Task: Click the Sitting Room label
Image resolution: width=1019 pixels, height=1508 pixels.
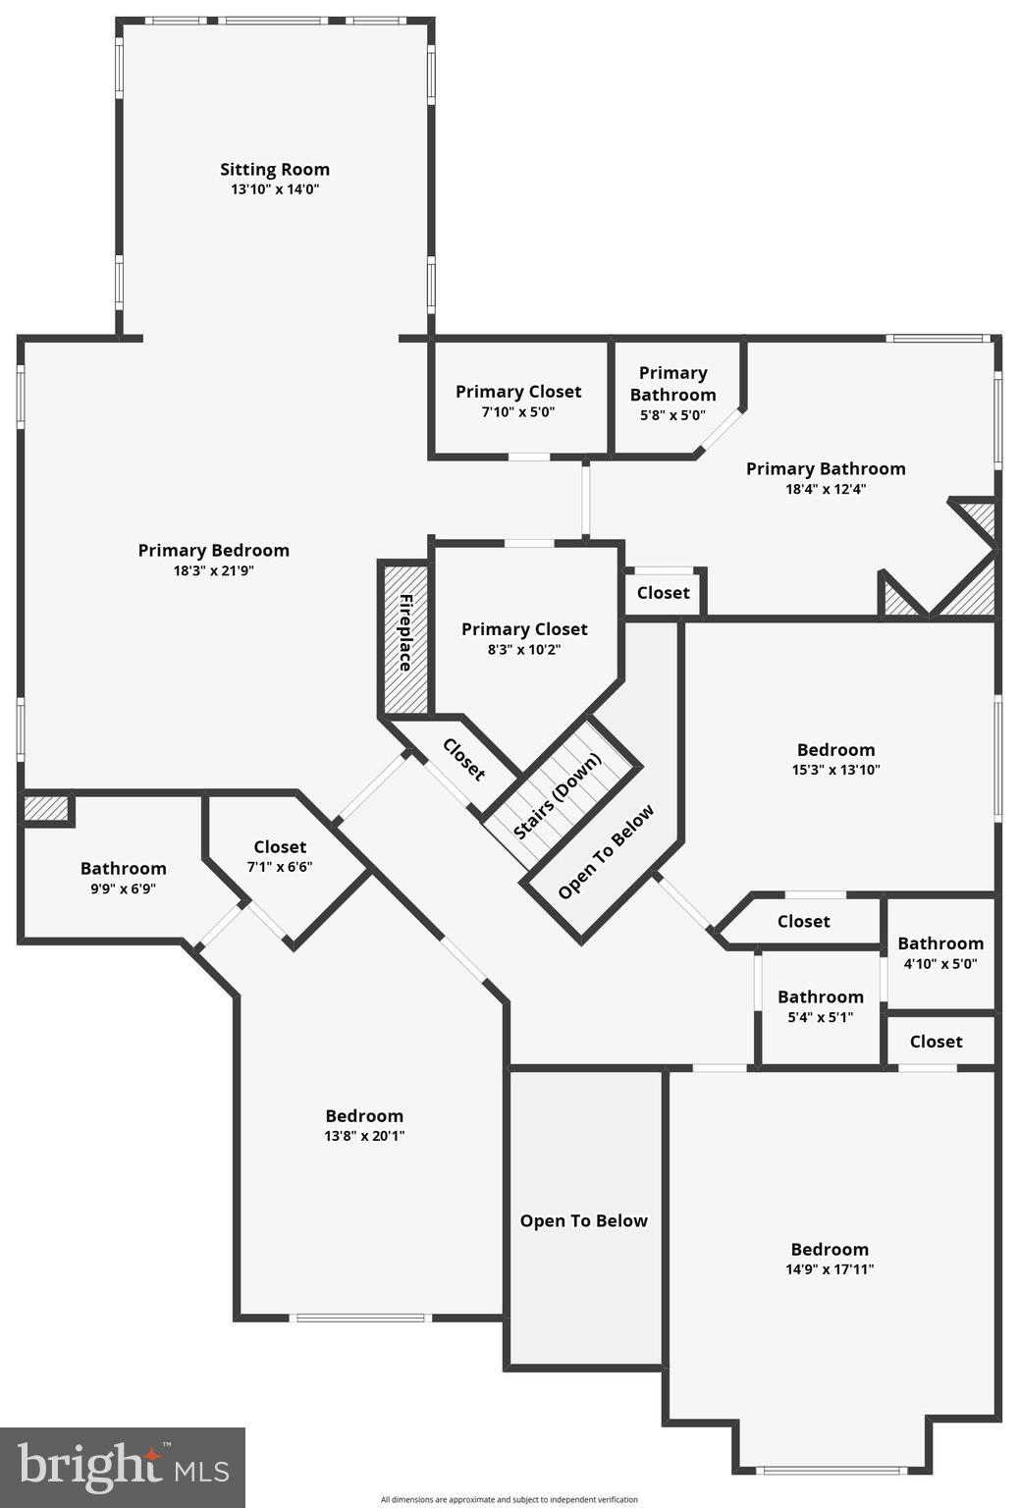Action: (x=275, y=170)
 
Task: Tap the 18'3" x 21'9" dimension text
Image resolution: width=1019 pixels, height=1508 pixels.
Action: (x=214, y=570)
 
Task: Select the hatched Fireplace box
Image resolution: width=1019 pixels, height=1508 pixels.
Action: (x=404, y=639)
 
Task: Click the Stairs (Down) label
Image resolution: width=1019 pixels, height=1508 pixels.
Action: (x=557, y=796)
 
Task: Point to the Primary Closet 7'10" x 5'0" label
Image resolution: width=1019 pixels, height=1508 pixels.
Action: (x=518, y=392)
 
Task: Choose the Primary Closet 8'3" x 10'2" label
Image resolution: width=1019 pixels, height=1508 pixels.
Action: (x=524, y=629)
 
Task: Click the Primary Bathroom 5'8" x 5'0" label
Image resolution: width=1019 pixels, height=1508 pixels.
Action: (x=673, y=384)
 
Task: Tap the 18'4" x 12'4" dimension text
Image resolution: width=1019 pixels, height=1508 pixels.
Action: (x=826, y=489)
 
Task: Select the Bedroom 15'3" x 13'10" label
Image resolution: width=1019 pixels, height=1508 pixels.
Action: (x=835, y=750)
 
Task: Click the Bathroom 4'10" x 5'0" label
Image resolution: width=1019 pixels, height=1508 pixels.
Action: (x=940, y=943)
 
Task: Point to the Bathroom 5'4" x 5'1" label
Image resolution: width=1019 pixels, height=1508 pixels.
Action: (x=821, y=997)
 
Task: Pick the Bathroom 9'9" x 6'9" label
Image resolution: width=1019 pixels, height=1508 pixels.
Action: (x=124, y=869)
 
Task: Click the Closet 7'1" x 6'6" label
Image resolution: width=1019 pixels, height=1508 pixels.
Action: (x=280, y=847)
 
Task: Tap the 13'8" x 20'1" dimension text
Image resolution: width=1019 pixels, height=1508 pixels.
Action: (x=364, y=1136)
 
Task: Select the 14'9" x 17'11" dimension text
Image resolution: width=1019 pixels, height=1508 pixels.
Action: (x=830, y=1269)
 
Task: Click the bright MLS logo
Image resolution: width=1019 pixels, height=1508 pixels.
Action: (x=123, y=1467)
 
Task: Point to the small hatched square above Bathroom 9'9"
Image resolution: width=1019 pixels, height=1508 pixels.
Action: (x=45, y=809)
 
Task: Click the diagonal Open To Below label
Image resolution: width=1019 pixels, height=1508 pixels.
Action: (x=606, y=852)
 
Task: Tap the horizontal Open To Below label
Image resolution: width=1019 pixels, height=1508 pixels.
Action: (x=584, y=1221)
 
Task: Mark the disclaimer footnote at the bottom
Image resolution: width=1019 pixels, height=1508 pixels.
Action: (x=510, y=1499)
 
